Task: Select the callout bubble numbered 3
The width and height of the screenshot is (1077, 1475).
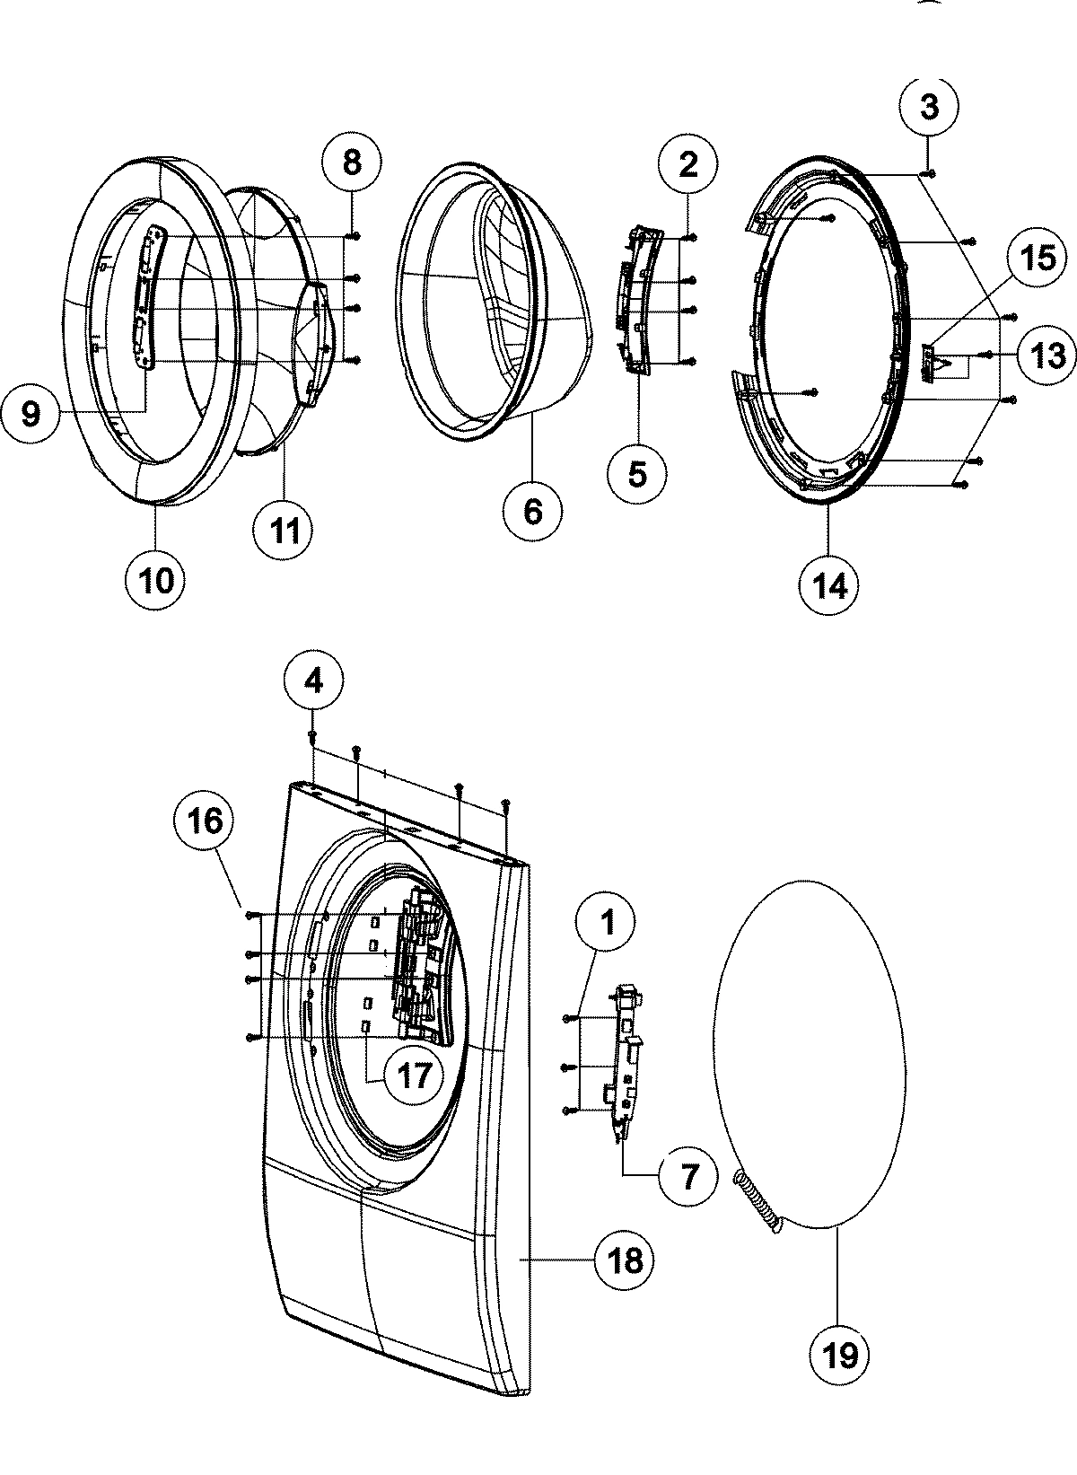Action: [929, 108]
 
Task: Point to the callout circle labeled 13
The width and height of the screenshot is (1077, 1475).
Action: [1047, 356]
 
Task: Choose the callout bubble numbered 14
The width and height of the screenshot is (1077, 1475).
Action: [828, 585]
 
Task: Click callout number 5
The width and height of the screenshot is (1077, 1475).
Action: [637, 473]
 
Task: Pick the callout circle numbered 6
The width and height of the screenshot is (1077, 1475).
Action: [532, 512]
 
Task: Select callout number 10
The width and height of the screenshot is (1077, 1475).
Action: [156, 580]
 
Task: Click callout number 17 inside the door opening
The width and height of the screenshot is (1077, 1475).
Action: [415, 1075]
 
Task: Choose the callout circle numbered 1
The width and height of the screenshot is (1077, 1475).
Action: [607, 922]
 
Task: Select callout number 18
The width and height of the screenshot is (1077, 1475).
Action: [625, 1260]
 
